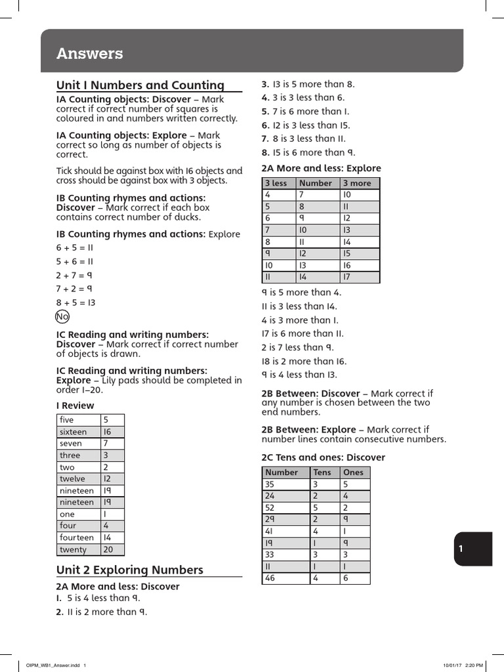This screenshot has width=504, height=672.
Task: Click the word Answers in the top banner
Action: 89,54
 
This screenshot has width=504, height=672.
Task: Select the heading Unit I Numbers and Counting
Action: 140,85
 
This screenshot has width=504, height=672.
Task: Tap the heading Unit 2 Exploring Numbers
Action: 130,570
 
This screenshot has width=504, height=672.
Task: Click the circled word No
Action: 62,317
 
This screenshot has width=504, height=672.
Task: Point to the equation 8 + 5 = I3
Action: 76,303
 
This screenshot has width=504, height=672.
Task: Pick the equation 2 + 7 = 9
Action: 74,275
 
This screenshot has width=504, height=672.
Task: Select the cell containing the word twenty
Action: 73,549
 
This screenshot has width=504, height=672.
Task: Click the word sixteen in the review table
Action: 73,432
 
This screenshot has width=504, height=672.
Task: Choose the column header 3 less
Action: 276,183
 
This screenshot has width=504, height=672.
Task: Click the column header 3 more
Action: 356,183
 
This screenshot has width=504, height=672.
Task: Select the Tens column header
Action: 322,472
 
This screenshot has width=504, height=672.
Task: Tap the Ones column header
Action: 353,472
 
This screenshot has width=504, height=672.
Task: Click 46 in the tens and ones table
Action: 270,578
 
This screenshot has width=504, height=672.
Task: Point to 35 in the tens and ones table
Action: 270,484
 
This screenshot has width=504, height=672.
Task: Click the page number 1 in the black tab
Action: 461,549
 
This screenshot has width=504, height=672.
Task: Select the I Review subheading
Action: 75,405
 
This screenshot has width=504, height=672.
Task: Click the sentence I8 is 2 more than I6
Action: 304,361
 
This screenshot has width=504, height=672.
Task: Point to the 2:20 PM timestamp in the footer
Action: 474,665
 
